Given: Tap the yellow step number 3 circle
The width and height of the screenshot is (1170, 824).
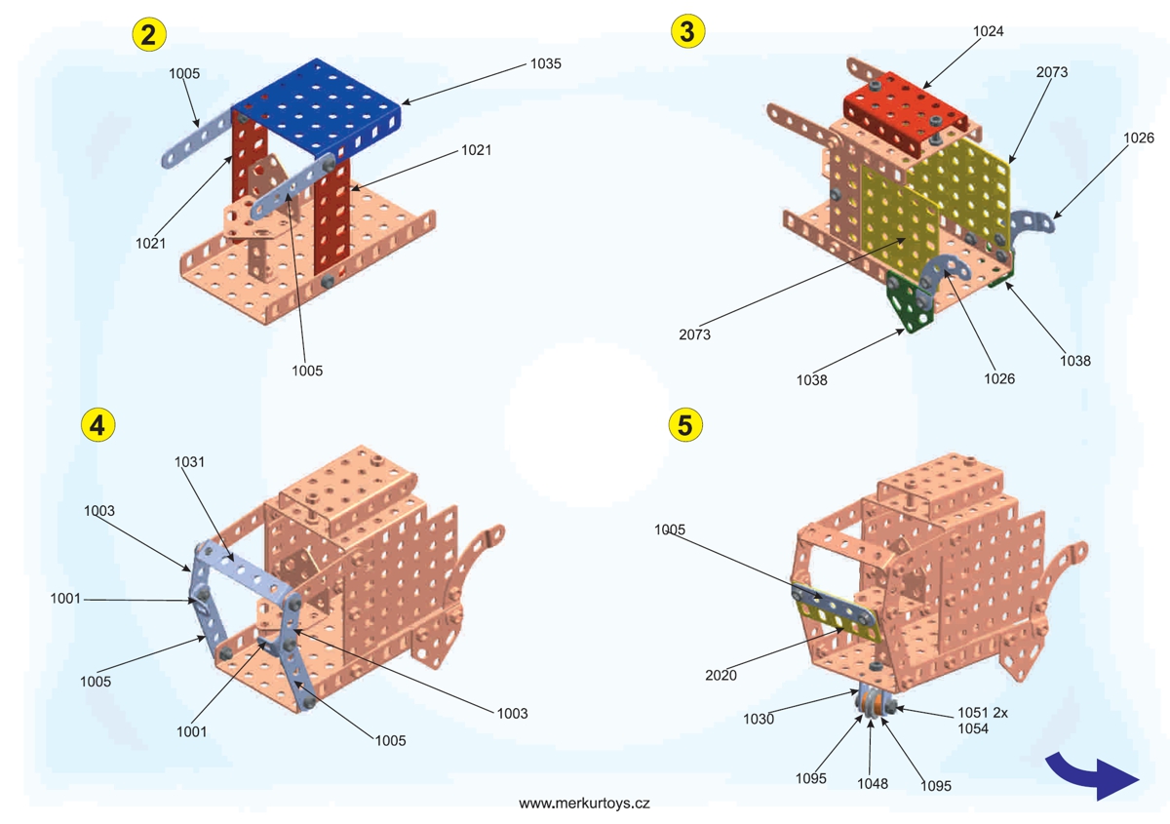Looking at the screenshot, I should point(687,31).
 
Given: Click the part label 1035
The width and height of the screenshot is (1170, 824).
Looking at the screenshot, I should point(545,63).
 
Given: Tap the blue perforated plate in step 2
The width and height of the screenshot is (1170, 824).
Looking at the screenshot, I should point(317,102).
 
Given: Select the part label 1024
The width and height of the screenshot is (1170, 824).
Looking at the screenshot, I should point(988,31).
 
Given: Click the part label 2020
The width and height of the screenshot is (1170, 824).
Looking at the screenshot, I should point(720,674).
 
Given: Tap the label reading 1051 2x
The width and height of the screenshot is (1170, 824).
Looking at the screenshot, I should point(980,713).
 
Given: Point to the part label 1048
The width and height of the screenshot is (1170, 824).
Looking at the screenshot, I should point(872,783).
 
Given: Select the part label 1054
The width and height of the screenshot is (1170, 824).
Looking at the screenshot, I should point(971,728).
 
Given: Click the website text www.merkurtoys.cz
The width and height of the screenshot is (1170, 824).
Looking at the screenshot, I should point(584,804).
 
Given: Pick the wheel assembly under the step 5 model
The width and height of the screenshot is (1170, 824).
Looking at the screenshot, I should point(874,705).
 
